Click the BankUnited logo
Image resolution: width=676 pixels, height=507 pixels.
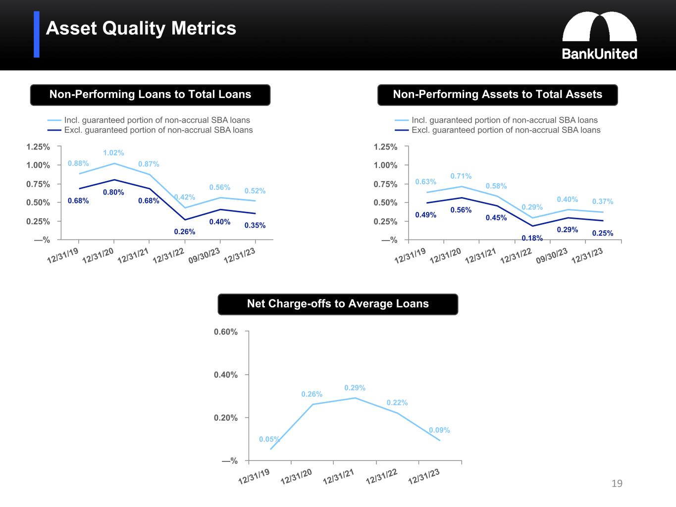point(599,36)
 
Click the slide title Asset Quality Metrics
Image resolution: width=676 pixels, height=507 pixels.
point(141,28)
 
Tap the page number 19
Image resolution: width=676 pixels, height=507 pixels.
point(617,483)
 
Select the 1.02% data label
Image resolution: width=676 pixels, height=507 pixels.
point(113,153)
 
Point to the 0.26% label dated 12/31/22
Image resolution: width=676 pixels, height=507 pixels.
point(184,232)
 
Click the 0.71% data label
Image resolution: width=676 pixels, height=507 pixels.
point(461,176)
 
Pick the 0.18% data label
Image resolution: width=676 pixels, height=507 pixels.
point(532,238)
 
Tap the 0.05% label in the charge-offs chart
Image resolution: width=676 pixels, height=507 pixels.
point(269,439)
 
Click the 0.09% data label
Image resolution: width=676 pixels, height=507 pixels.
point(439,430)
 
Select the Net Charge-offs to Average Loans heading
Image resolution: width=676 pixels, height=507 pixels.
point(338,304)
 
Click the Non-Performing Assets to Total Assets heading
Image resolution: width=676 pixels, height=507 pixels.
point(497,95)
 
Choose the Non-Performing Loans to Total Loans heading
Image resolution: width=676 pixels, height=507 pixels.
point(150,95)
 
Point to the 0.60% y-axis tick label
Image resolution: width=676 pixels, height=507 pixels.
point(226,332)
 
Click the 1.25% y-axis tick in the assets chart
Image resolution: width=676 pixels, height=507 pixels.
point(385,147)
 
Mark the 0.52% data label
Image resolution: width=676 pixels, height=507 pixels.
point(255,191)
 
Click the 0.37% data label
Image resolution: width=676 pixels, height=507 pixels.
point(602,202)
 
